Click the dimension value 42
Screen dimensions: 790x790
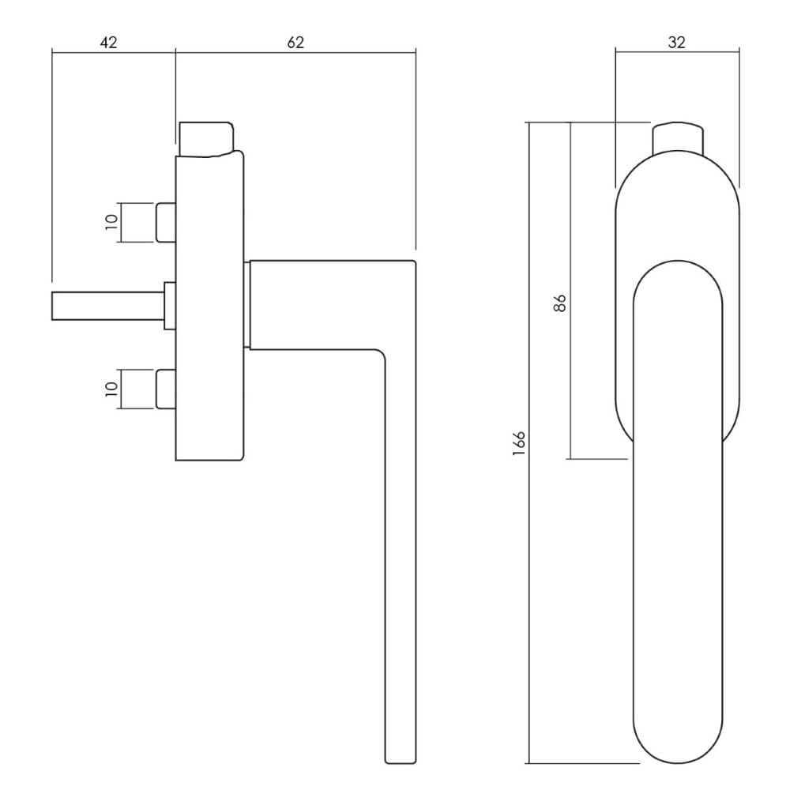108,43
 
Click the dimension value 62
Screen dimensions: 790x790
295,43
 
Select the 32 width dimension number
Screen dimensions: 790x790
677,43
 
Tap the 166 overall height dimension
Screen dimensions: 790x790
519,443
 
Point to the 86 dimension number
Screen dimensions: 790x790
560,303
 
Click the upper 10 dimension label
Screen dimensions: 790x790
111,222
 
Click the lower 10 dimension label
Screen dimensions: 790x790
111,389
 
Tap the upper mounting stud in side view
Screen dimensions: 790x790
166,222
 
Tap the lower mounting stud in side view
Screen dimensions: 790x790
166,389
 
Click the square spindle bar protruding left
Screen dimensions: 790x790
107,306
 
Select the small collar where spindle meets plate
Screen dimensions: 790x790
170,306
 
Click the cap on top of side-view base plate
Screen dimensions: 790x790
206,139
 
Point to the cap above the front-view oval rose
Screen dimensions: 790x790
678,137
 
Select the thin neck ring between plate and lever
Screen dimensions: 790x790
246,305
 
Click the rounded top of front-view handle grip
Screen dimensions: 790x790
678,280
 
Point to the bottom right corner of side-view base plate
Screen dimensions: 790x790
243,460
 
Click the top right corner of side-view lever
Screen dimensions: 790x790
416,261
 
